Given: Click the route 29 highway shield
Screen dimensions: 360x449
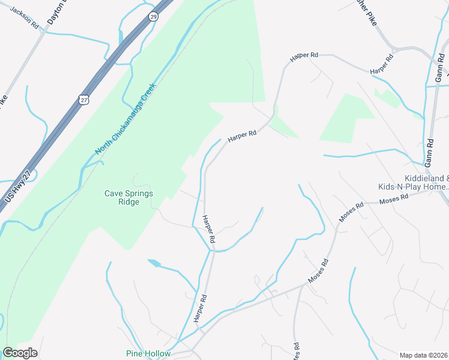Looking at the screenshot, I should click(154, 17).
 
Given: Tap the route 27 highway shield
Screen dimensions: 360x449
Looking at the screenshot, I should click(83, 99).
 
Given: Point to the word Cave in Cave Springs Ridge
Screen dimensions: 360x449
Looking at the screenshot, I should click(113, 193).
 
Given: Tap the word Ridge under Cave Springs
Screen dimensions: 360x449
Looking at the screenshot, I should click(129, 202).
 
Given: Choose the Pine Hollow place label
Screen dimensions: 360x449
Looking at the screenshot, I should click(148, 353).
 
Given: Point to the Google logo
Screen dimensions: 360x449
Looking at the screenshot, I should click(20, 353).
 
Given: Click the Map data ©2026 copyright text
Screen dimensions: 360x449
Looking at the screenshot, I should click(424, 355).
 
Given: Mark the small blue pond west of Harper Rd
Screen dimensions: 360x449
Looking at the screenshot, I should click(154, 263).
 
